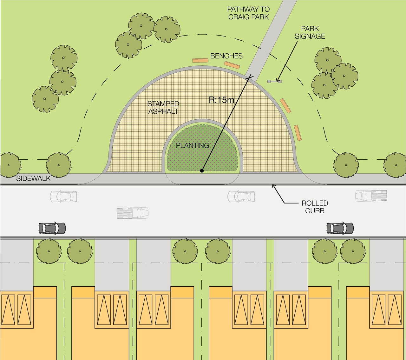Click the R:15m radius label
[x=221, y=100]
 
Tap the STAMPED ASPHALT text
[x=163, y=108]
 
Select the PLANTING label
[x=192, y=145]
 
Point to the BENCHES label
[x=226, y=56]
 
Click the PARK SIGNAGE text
[x=310, y=32]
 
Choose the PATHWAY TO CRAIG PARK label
[x=248, y=13]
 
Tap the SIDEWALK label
[x=33, y=178]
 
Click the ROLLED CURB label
[x=315, y=207]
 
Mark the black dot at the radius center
[x=202, y=171]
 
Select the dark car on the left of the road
[x=52, y=228]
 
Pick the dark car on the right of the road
[x=340, y=228]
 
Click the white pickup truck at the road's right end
[x=371, y=195]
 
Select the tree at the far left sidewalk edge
[x=9, y=165]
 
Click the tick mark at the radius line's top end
[x=250, y=76]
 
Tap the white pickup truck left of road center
[x=132, y=213]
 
